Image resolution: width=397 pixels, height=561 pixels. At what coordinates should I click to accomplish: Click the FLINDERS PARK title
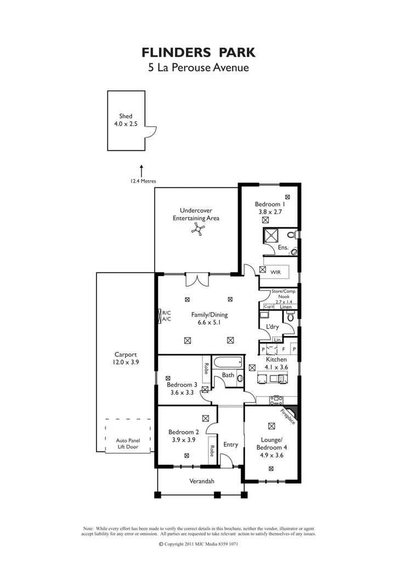click(x=198, y=52)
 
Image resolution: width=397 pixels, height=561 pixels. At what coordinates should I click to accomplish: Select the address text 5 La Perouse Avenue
click(x=198, y=68)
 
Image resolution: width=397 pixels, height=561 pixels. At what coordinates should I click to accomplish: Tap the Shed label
click(x=126, y=116)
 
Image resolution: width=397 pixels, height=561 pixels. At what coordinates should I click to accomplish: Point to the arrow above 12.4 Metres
click(x=141, y=169)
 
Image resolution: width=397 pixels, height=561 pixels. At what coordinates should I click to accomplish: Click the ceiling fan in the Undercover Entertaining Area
click(x=197, y=231)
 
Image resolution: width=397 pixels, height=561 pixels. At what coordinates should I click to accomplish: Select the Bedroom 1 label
click(x=269, y=204)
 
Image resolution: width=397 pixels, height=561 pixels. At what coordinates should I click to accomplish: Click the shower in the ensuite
click(x=271, y=236)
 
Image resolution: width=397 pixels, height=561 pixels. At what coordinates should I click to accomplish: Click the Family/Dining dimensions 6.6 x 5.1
click(x=209, y=323)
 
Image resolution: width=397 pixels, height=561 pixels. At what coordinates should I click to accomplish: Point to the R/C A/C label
click(x=166, y=316)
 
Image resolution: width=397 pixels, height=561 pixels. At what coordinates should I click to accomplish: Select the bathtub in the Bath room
click(x=228, y=363)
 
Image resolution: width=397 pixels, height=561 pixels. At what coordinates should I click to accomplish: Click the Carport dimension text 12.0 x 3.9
click(x=126, y=362)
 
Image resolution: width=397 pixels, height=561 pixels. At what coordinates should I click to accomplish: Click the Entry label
click(x=230, y=444)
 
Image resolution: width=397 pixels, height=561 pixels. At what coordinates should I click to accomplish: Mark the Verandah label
click(x=201, y=482)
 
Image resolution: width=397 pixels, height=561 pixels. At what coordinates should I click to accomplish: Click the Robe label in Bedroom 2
click(x=212, y=451)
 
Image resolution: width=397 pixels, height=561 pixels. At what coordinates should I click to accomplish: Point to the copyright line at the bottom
click(x=198, y=544)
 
